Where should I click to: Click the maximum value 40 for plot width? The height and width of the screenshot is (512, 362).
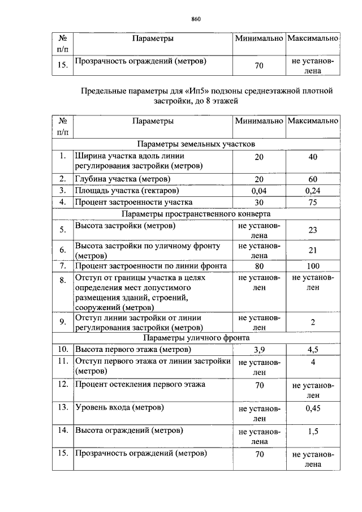pyautogui.click(x=313, y=157)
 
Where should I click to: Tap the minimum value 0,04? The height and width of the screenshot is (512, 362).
pyautogui.click(x=258, y=191)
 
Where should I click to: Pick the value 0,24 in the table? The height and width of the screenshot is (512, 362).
pyautogui.click(x=313, y=191)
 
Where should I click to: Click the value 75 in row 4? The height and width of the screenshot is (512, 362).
pyautogui.click(x=313, y=202)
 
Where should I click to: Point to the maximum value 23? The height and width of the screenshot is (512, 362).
pyautogui.click(x=313, y=230)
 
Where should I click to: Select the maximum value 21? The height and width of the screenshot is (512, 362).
pyautogui.click(x=313, y=251)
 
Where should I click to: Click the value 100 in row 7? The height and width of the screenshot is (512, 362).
pyautogui.click(x=313, y=266)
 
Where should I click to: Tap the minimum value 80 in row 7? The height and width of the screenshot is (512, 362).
pyautogui.click(x=258, y=266)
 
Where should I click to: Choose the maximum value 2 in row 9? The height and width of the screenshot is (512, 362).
pyautogui.click(x=313, y=322)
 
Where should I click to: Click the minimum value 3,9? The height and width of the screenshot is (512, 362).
pyautogui.click(x=258, y=350)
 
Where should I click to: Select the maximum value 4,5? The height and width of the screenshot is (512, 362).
pyautogui.click(x=313, y=350)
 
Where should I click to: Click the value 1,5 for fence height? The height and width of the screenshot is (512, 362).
pyautogui.click(x=313, y=431)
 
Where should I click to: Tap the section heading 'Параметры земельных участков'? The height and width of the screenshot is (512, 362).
pyautogui.click(x=196, y=144)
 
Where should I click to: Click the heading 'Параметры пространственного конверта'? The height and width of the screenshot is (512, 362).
pyautogui.click(x=196, y=214)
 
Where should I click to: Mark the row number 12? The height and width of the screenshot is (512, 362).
pyautogui.click(x=63, y=385)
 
